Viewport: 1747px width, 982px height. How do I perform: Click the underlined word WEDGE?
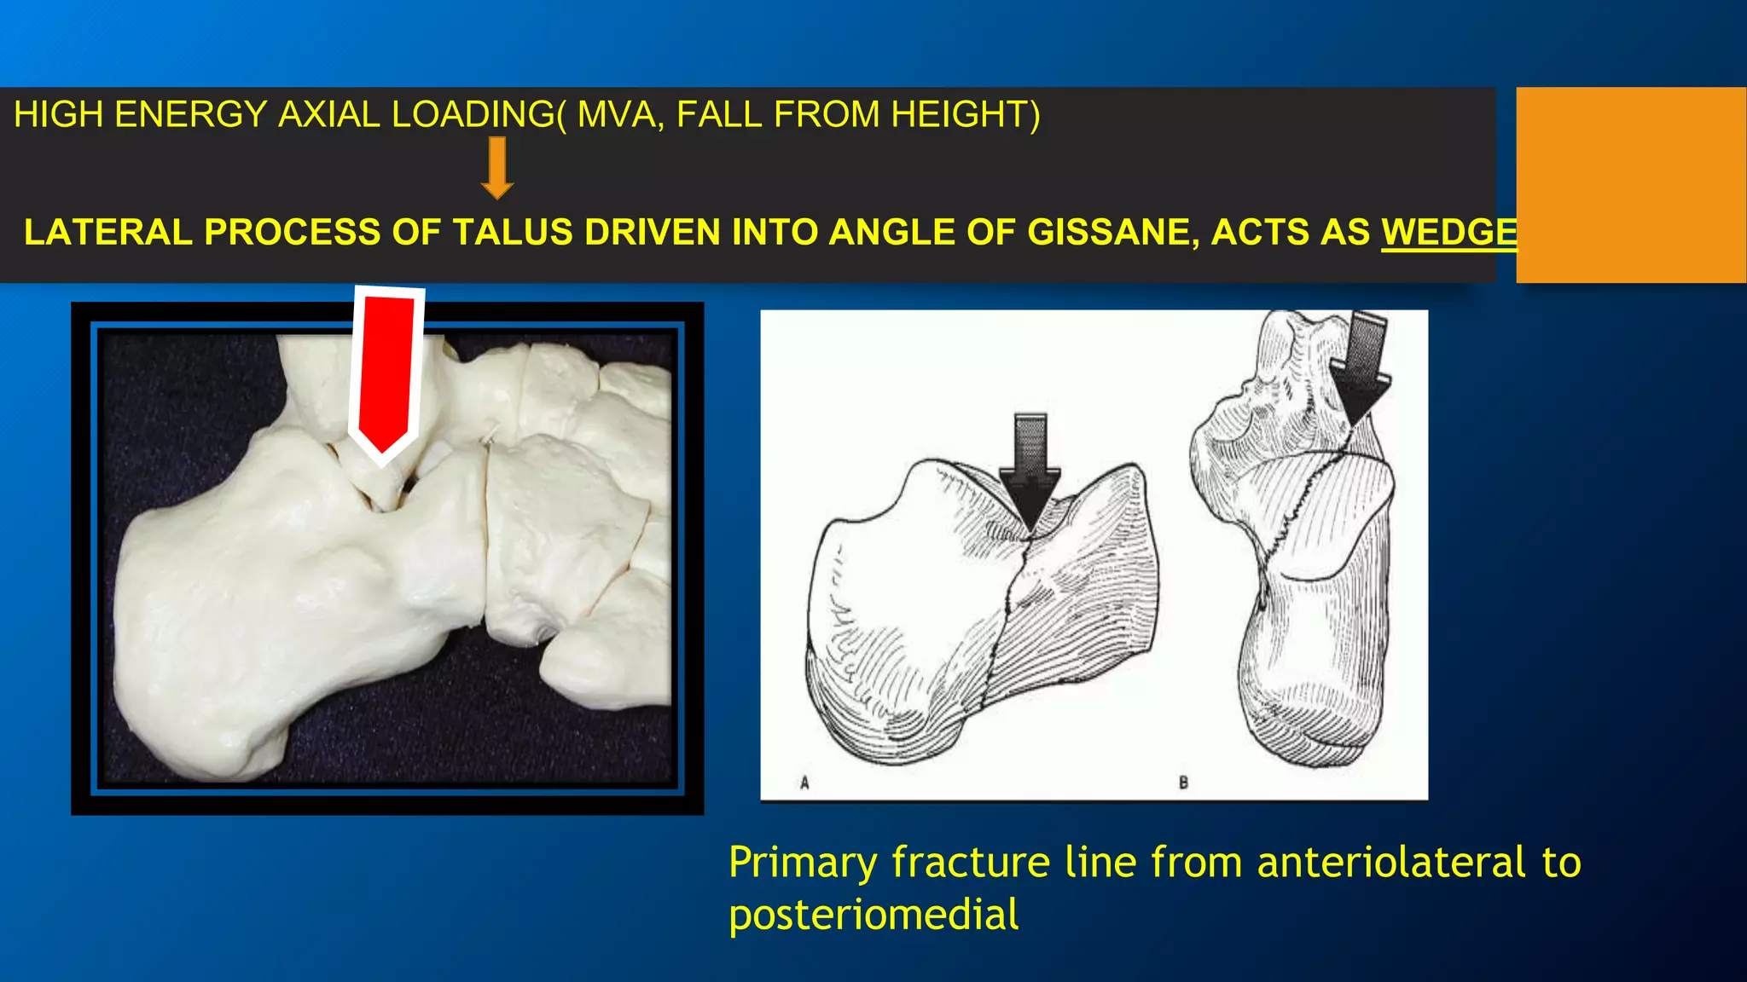point(1448,233)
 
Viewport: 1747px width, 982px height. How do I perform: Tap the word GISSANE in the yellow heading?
point(1111,233)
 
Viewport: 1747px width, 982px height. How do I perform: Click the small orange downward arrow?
point(496,168)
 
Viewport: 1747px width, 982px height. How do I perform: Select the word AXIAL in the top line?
point(329,114)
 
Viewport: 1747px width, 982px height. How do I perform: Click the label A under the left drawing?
point(804,783)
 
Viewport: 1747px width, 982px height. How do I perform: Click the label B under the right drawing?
point(1183,783)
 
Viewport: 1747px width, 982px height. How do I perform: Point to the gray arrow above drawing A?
point(1030,469)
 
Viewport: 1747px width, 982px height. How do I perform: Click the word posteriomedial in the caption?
point(873,915)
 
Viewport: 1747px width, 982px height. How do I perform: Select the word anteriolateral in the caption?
point(1390,862)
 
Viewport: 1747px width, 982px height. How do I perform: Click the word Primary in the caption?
point(802,862)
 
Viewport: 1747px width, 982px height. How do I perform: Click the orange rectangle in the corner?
point(1631,184)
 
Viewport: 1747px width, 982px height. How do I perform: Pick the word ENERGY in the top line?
point(190,114)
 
